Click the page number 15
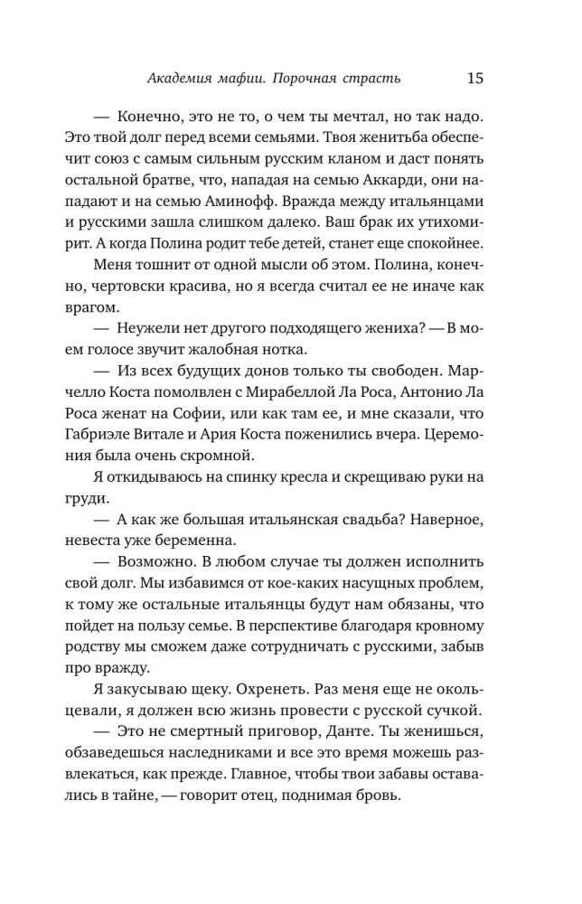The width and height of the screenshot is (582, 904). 475,78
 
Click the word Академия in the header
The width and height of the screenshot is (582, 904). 181,79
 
